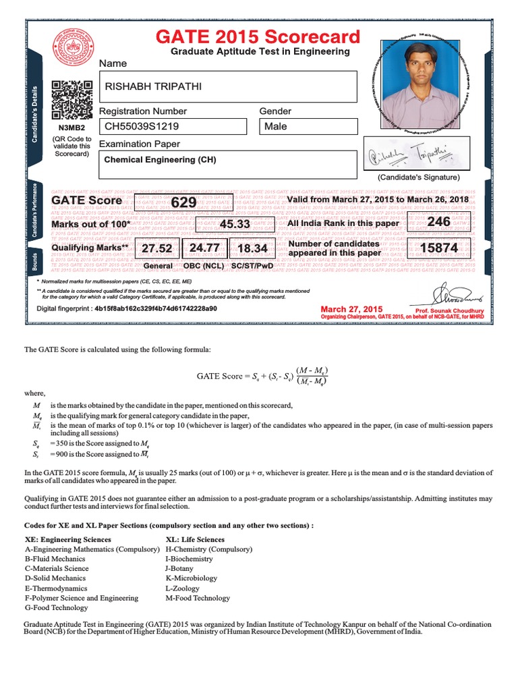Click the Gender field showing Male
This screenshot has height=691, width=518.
tap(276, 126)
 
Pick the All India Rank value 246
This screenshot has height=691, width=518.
tap(438, 222)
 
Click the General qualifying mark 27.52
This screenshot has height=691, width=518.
tap(157, 248)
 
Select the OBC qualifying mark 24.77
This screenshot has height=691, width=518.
tap(204, 248)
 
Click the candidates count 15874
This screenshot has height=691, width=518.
tap(439, 248)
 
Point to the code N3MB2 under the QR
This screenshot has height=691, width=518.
tap(71, 127)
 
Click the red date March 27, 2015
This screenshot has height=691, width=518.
tap(351, 308)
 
